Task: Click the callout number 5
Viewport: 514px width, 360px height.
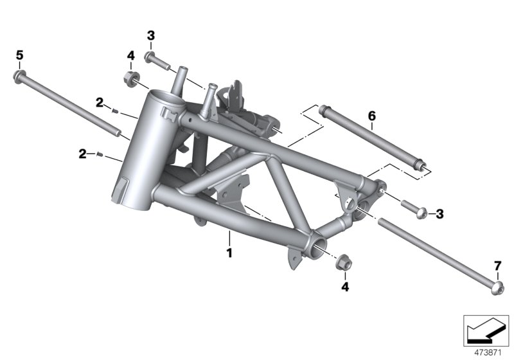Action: coord(19,56)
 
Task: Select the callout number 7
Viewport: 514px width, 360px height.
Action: coord(497,265)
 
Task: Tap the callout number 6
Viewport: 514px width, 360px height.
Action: coord(371,116)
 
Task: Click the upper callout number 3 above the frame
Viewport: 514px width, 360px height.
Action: coord(150,35)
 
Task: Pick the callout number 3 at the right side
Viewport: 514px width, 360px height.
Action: coord(439,213)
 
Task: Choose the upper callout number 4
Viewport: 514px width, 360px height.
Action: coord(130,56)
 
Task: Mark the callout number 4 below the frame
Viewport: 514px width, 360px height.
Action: coord(345,287)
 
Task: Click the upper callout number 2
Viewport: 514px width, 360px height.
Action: coord(100,102)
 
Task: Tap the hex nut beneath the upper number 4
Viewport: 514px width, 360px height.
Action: coord(131,80)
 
